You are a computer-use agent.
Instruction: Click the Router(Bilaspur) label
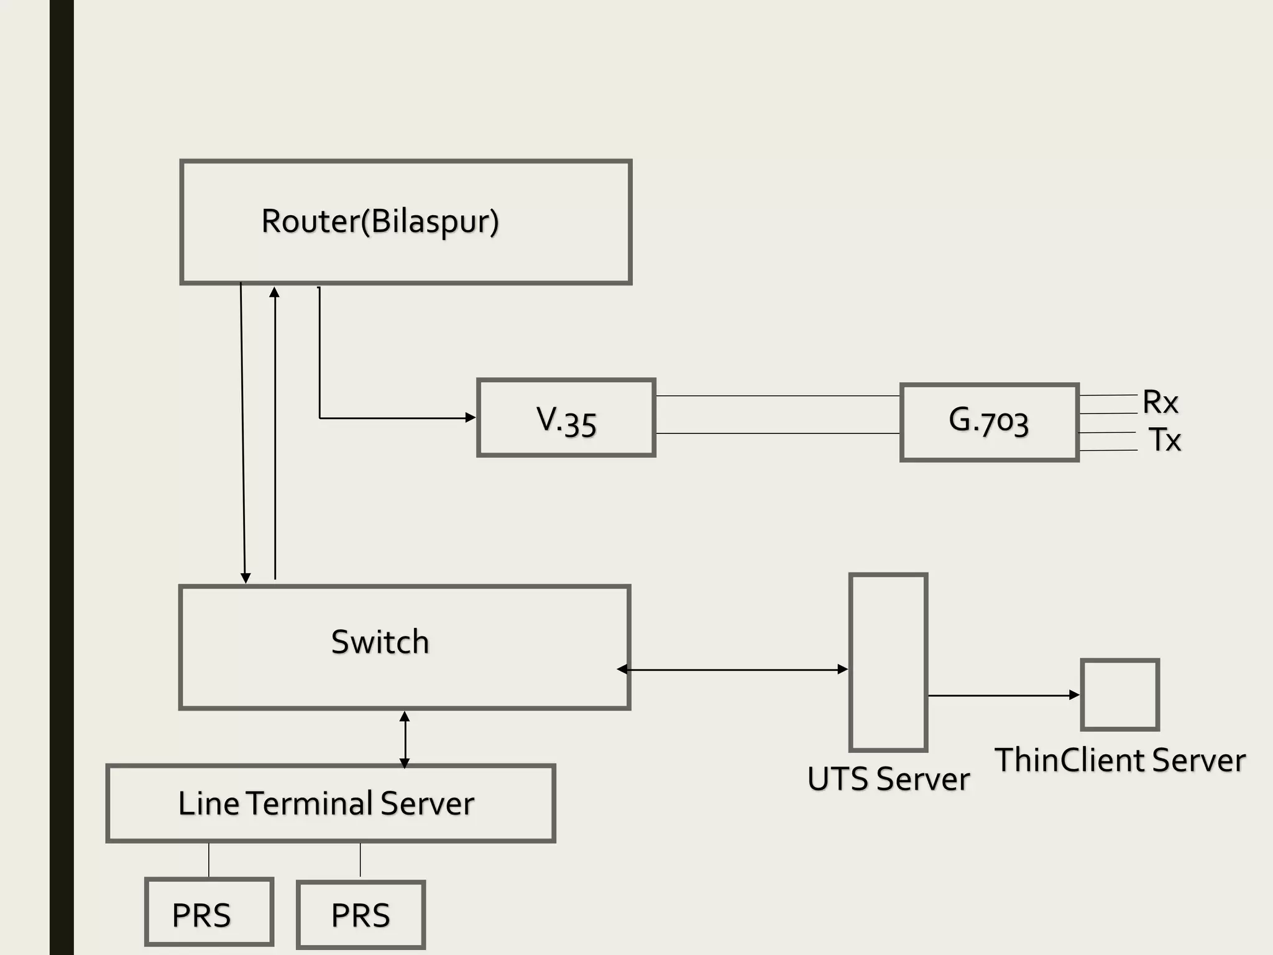pos(380,221)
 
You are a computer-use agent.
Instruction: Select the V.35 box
pos(566,418)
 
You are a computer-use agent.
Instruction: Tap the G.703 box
pos(988,422)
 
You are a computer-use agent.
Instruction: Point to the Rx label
pos(1160,402)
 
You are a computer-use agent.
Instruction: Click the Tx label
pos(1164,440)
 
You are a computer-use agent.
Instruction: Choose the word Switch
pos(380,642)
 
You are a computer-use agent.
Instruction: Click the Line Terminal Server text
pos(326,803)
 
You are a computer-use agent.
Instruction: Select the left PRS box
pos(209,912)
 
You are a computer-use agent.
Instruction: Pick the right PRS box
pos(361,915)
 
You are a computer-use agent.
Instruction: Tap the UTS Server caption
pos(888,779)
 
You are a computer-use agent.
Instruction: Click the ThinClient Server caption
pos(1120,760)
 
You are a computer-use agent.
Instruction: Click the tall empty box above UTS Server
pos(888,663)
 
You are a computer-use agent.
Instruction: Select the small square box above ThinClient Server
pos(1119,694)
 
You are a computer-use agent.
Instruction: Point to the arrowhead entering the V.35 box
pos(471,418)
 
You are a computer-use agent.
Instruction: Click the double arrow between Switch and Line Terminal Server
pos(405,739)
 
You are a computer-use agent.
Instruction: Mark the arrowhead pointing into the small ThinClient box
pos(1074,695)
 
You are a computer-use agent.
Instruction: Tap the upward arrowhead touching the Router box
pos(274,292)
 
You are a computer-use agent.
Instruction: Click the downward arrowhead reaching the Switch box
pos(246,578)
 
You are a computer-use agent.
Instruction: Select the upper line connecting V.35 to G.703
pos(777,395)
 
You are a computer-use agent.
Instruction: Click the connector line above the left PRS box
pos(209,860)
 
